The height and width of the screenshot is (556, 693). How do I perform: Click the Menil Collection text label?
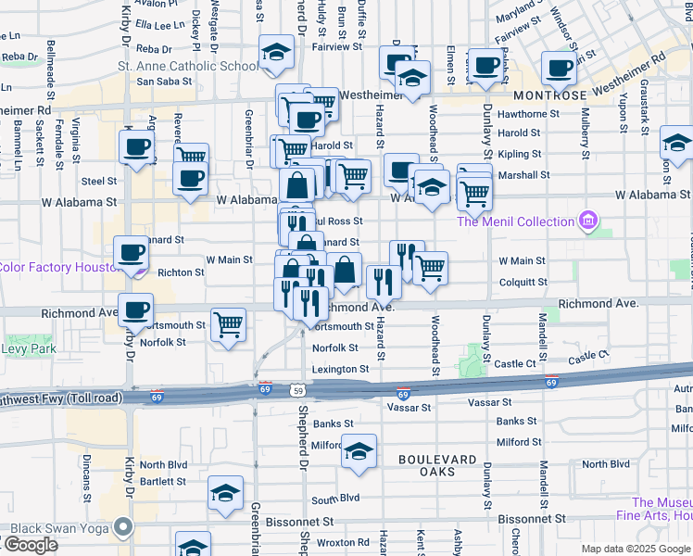click(515, 221)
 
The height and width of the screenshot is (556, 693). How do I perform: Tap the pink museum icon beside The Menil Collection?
click(586, 221)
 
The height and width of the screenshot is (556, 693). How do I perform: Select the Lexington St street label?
click(340, 369)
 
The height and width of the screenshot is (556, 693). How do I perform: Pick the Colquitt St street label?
click(523, 282)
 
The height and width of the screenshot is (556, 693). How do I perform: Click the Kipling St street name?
click(519, 154)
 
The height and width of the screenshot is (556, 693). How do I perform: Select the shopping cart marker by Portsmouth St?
click(229, 325)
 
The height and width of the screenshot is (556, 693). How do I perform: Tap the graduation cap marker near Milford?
click(359, 451)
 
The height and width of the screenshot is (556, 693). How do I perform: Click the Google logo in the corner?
click(30, 545)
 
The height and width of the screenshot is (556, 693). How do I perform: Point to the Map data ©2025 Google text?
click(636, 549)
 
